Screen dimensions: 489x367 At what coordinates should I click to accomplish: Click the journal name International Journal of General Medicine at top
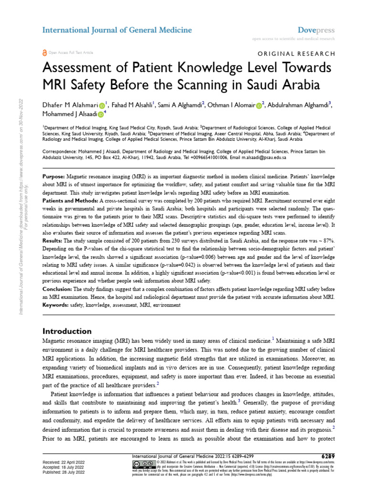[117, 30]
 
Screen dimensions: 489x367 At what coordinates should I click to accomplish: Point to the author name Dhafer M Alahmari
[70, 105]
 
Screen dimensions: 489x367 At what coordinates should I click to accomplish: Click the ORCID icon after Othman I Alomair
[259, 105]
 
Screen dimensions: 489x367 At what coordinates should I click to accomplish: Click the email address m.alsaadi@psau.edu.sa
[261, 157]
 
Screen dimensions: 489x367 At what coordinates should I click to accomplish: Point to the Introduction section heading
[67, 331]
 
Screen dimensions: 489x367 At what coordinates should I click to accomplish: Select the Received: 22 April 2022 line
[64, 463]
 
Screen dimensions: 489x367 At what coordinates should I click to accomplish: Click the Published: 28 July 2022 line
[64, 471]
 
